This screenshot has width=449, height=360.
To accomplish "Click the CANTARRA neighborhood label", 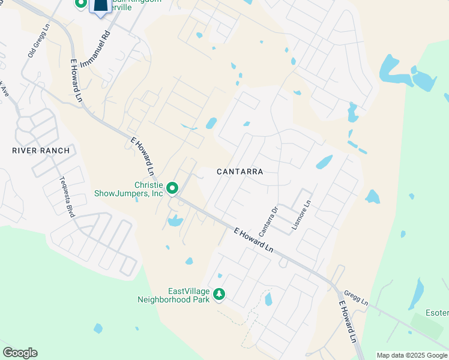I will [240, 172].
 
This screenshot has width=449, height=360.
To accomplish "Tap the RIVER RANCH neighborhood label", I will [41, 151].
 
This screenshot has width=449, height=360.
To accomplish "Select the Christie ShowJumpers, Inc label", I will [128, 189].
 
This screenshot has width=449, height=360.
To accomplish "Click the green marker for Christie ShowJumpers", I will [172, 189].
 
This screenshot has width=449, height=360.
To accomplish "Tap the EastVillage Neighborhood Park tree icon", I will [220, 294].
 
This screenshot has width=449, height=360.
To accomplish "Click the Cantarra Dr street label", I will [268, 221].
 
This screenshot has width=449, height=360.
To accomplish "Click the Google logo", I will [20, 353].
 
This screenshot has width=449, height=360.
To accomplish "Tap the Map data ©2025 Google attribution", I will [411, 355].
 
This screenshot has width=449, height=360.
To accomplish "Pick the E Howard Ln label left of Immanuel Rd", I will [77, 80].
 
